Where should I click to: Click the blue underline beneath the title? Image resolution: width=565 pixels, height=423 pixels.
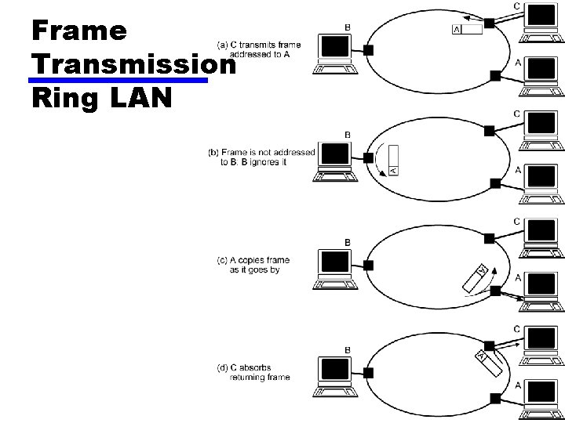tap(118, 80)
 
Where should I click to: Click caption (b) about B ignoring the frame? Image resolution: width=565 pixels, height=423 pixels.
tap(262, 157)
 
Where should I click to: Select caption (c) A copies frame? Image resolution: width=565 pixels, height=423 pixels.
tap(250, 265)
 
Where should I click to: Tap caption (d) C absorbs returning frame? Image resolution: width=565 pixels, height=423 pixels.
tap(253, 372)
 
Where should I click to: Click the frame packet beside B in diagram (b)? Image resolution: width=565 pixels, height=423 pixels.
tap(393, 161)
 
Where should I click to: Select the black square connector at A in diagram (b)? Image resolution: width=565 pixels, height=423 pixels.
tap(494, 183)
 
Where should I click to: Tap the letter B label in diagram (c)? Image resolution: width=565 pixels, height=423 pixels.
tap(347, 241)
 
